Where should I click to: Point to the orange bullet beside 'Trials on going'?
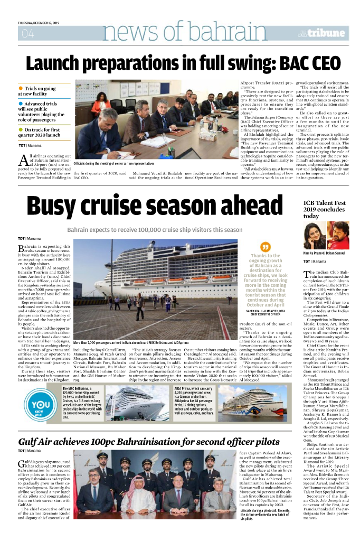point(20,88)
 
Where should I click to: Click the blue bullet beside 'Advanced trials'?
point(20,104)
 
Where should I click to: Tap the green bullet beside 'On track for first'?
point(20,129)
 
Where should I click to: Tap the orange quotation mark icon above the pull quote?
point(266,247)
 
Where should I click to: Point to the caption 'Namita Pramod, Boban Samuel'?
point(323,254)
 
